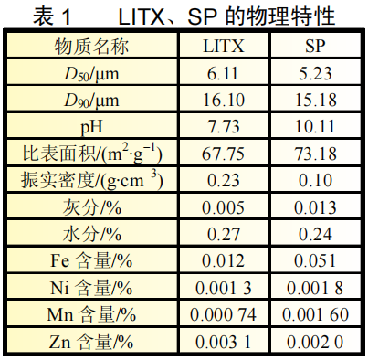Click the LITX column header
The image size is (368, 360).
coord(224,46)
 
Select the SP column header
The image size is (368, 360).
coord(316,46)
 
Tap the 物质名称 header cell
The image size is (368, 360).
coord(91,47)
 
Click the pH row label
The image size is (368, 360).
coord(91,127)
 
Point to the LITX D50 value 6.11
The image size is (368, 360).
coord(223,73)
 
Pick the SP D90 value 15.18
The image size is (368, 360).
coord(316,100)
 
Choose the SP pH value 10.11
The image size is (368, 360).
coord(315,126)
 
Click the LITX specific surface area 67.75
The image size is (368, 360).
coord(223,154)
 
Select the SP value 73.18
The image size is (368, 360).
coord(316,154)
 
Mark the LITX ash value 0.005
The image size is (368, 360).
coord(223,207)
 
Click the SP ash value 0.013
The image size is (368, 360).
coord(315,207)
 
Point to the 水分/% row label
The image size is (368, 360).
coord(92,234)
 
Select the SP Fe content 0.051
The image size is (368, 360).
coord(315,261)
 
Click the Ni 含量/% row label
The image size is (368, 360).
coord(91,288)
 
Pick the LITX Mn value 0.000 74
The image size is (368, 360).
coord(223,314)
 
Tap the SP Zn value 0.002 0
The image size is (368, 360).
coord(315,342)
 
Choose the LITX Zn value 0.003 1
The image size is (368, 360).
coord(223,342)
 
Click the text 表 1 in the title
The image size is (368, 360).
coord(52,16)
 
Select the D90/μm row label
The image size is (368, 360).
coord(91,101)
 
